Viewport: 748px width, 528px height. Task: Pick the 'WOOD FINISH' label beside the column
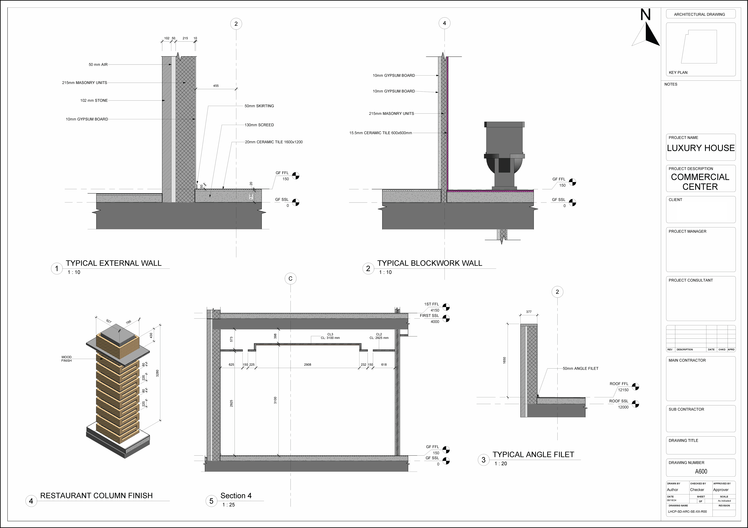pos(66,359)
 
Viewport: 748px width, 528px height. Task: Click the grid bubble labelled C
pos(290,279)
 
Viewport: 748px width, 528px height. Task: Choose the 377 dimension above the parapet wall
pos(529,312)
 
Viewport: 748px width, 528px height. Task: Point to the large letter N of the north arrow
pos(645,15)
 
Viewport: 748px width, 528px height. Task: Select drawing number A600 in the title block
pos(701,471)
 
